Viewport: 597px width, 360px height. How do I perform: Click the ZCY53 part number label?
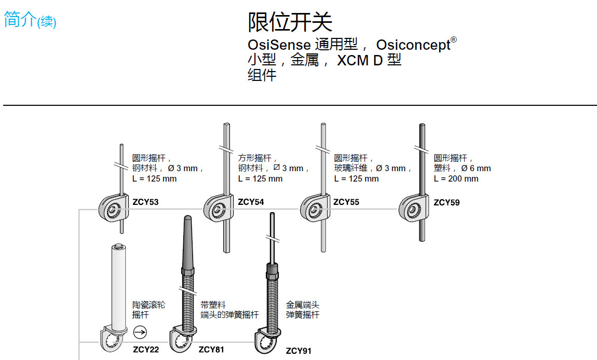(145, 202)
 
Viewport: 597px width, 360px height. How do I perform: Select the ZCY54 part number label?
(251, 202)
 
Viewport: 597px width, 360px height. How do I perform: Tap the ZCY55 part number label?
(346, 202)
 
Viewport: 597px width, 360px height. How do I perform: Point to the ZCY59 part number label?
(446, 202)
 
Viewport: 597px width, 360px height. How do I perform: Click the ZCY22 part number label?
(146, 349)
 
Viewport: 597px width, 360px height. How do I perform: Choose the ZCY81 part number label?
(211, 350)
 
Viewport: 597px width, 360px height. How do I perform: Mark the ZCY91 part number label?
(298, 351)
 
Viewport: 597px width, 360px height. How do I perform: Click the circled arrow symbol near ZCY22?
(140, 332)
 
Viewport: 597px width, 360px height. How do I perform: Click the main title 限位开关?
(290, 22)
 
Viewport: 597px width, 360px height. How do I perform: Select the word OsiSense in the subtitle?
(279, 45)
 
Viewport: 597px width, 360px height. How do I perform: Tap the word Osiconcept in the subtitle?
(413, 45)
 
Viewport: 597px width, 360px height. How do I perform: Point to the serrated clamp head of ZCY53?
(113, 209)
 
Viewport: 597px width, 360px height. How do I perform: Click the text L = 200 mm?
(456, 179)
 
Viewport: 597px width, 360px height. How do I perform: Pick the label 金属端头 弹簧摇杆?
(303, 310)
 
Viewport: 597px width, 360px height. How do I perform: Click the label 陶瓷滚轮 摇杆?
(148, 310)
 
